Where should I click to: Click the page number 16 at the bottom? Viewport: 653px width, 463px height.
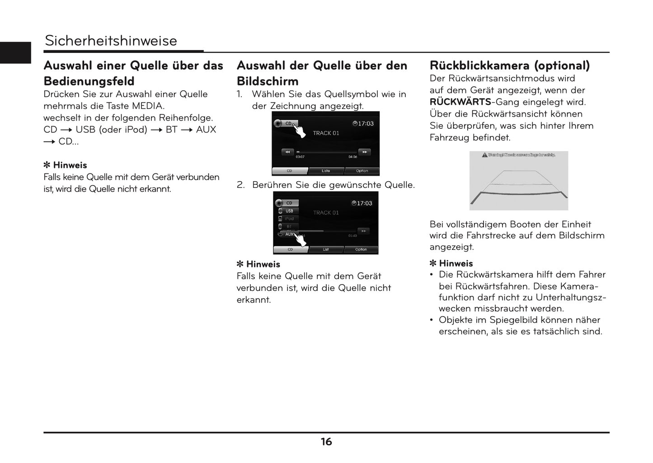point(326,442)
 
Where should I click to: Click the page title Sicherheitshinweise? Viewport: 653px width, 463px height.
point(111,41)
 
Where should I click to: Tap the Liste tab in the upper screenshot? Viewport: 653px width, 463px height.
point(326,171)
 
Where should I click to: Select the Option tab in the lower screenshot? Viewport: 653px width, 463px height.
point(361,249)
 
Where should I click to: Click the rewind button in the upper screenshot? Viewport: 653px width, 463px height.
point(287,152)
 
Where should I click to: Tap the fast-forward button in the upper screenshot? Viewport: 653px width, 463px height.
point(364,152)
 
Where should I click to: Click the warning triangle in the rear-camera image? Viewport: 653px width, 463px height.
point(484,155)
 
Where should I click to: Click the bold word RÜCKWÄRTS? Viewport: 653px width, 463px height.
point(460,102)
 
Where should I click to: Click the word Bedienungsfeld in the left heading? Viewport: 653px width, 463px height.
point(89,81)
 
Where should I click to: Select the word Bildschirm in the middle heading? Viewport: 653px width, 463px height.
point(268,81)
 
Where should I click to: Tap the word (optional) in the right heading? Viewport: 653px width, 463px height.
point(562,65)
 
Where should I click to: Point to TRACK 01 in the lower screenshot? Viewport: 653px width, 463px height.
point(326,213)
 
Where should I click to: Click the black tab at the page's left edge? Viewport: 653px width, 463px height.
point(15,52)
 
